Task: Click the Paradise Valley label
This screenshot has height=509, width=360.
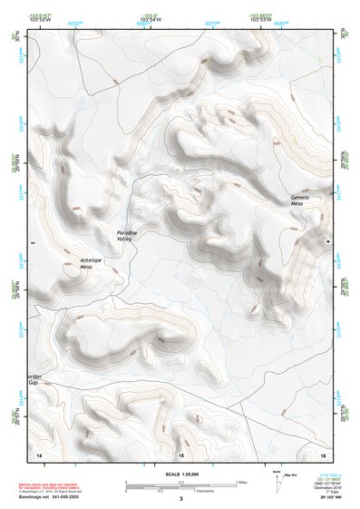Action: coord(127,236)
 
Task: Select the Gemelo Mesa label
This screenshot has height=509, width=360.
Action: coord(301,201)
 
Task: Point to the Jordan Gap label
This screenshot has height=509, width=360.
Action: coord(33,378)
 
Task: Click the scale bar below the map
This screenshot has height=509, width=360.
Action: coord(180,485)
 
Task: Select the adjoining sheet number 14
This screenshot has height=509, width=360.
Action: coord(38,453)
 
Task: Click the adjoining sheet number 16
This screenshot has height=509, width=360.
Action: coord(322,453)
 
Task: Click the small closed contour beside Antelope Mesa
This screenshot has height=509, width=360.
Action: coord(71,269)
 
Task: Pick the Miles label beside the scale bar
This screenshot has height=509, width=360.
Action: coord(241,482)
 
